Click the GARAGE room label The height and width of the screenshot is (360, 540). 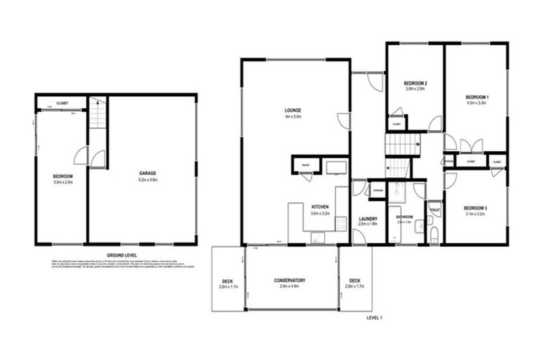148,172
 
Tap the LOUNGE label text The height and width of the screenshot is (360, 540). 293,110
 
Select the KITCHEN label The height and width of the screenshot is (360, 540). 321,206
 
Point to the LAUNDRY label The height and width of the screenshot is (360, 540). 368,218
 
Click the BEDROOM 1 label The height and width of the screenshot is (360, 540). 477,96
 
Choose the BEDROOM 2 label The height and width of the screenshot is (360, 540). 416,84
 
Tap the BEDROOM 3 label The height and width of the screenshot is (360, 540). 477,208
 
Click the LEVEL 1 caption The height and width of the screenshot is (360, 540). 374,318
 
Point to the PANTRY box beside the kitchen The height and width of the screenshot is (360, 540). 306,167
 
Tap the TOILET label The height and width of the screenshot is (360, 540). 435,210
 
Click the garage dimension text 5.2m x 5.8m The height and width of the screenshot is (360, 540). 148,179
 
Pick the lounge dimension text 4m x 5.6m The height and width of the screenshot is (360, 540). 293,117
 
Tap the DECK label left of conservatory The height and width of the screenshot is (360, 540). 229,281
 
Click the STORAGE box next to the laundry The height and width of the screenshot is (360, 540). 378,189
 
